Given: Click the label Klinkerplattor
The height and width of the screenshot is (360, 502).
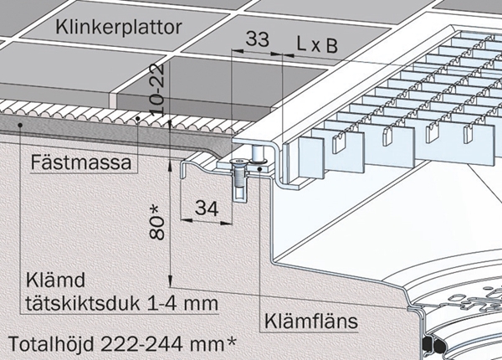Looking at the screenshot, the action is tap(119, 28).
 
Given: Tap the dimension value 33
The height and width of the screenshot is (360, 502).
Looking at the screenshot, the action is tap(258, 39).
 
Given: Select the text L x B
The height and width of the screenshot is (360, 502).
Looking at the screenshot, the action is tap(317, 45).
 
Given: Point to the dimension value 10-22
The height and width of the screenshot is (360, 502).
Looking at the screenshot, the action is tap(157, 89).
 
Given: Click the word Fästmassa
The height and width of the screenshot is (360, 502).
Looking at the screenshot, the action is tap(81, 162).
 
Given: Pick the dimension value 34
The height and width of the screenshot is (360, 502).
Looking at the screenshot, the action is tap(207, 208).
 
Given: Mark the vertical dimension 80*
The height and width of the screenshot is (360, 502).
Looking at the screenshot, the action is tap(157, 223).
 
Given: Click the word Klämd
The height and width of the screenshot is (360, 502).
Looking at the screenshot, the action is tap(55, 280).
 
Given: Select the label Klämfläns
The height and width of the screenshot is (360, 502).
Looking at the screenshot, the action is tap(311, 321).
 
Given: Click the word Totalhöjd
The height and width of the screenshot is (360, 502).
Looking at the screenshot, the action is tap(52, 344).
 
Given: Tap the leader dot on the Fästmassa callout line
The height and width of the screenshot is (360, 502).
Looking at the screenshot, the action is tap(138, 119).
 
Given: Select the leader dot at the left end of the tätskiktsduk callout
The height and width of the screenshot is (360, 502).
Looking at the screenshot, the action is tap(20, 125).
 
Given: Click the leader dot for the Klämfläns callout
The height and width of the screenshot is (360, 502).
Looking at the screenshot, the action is tap(259, 169).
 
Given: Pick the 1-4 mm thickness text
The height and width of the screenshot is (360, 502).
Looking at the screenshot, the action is tap(182, 303).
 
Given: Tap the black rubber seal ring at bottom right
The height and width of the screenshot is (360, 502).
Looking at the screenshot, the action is tap(433, 345).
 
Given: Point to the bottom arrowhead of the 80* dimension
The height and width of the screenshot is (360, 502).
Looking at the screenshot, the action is tap(170, 281).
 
